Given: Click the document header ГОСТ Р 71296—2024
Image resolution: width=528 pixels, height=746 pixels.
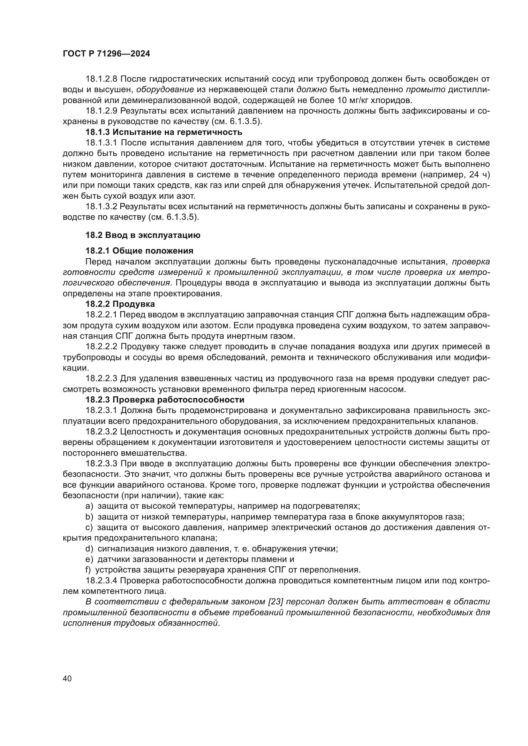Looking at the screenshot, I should click(106, 54).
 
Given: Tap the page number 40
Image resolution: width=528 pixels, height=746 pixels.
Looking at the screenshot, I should click(67, 678).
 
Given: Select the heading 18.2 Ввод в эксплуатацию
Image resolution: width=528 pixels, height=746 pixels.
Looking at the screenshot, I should click(143, 235).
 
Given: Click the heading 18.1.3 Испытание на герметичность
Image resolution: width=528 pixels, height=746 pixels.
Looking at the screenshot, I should click(164, 132).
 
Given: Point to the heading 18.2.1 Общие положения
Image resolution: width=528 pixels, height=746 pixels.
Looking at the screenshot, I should click(139, 251).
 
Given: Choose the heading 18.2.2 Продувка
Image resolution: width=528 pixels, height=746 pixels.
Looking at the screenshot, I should click(120, 304).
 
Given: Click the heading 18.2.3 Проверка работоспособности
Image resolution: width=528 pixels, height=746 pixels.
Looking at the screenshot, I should click(165, 400).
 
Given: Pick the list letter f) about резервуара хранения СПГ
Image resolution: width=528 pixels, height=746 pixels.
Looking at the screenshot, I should click(88, 570).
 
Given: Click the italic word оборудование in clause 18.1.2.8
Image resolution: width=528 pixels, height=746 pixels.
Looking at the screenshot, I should click(165, 89).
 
